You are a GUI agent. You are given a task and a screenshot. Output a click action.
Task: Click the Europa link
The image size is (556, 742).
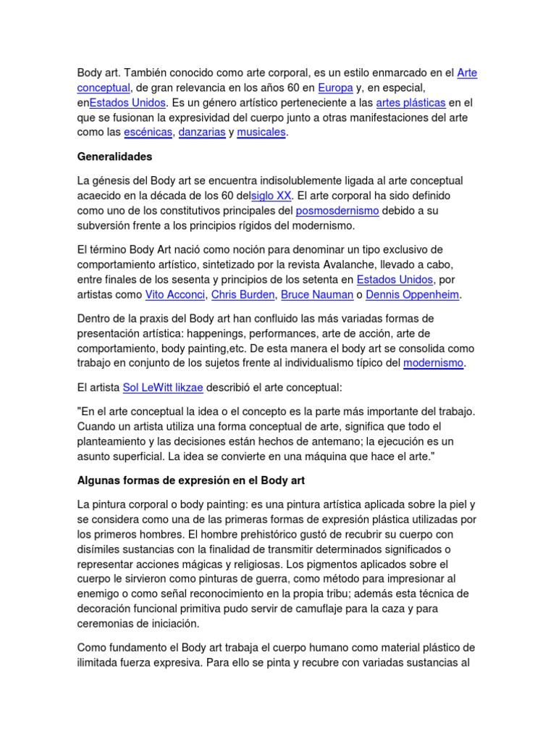coord(335,88)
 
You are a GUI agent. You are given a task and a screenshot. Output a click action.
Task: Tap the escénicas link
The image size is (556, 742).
coord(148,133)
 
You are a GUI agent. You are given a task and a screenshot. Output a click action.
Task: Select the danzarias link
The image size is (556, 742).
coord(201,133)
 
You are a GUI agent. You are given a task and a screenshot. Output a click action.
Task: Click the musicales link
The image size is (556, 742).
coord(261,133)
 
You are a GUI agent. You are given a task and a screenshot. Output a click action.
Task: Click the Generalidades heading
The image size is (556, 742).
coord(114,157)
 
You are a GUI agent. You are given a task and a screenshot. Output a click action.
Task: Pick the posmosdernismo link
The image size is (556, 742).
coord(337,211)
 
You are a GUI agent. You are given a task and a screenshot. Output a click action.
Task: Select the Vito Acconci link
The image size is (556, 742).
coord(175,295)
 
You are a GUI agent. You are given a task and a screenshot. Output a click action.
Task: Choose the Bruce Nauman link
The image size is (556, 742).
coord(316,295)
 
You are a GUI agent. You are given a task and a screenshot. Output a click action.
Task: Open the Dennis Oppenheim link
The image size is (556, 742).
coord(413,295)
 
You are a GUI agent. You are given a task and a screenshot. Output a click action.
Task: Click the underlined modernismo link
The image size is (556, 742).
coord(433,363)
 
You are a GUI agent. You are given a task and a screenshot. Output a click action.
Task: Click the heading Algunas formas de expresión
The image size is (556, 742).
coord(196,480)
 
